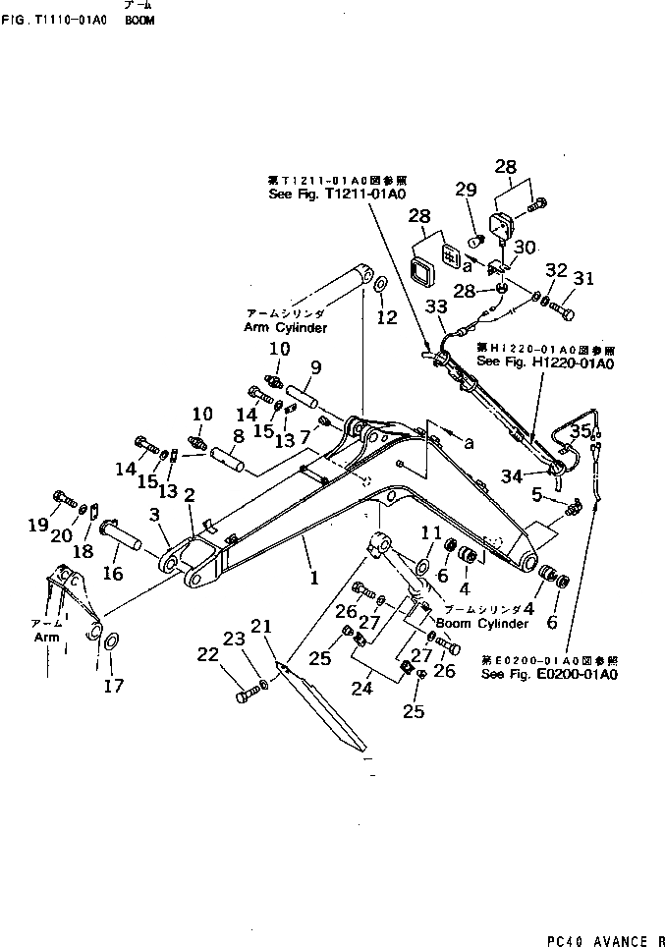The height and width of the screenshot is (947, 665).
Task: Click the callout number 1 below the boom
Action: [x=314, y=579]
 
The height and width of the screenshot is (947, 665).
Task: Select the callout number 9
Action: [x=316, y=368]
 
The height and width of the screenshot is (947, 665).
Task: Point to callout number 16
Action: [x=114, y=573]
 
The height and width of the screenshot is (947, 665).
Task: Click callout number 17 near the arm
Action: [x=114, y=685]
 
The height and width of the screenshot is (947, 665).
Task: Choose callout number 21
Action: [x=261, y=626]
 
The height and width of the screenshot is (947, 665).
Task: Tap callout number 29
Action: [x=466, y=190]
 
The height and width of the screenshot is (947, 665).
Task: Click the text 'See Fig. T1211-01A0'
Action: [x=337, y=194]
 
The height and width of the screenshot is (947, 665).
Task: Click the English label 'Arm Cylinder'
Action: [x=285, y=327]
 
